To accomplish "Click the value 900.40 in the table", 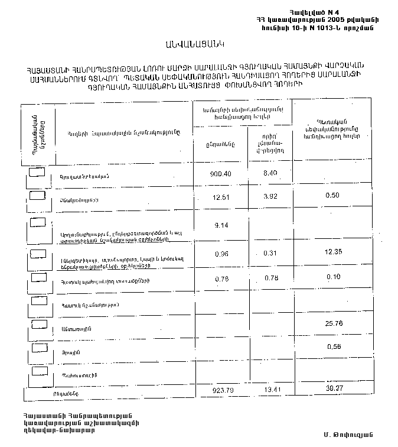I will [x=223, y=174].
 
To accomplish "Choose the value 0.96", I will [x=221, y=255].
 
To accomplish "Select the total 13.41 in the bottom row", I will [x=273, y=390].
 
